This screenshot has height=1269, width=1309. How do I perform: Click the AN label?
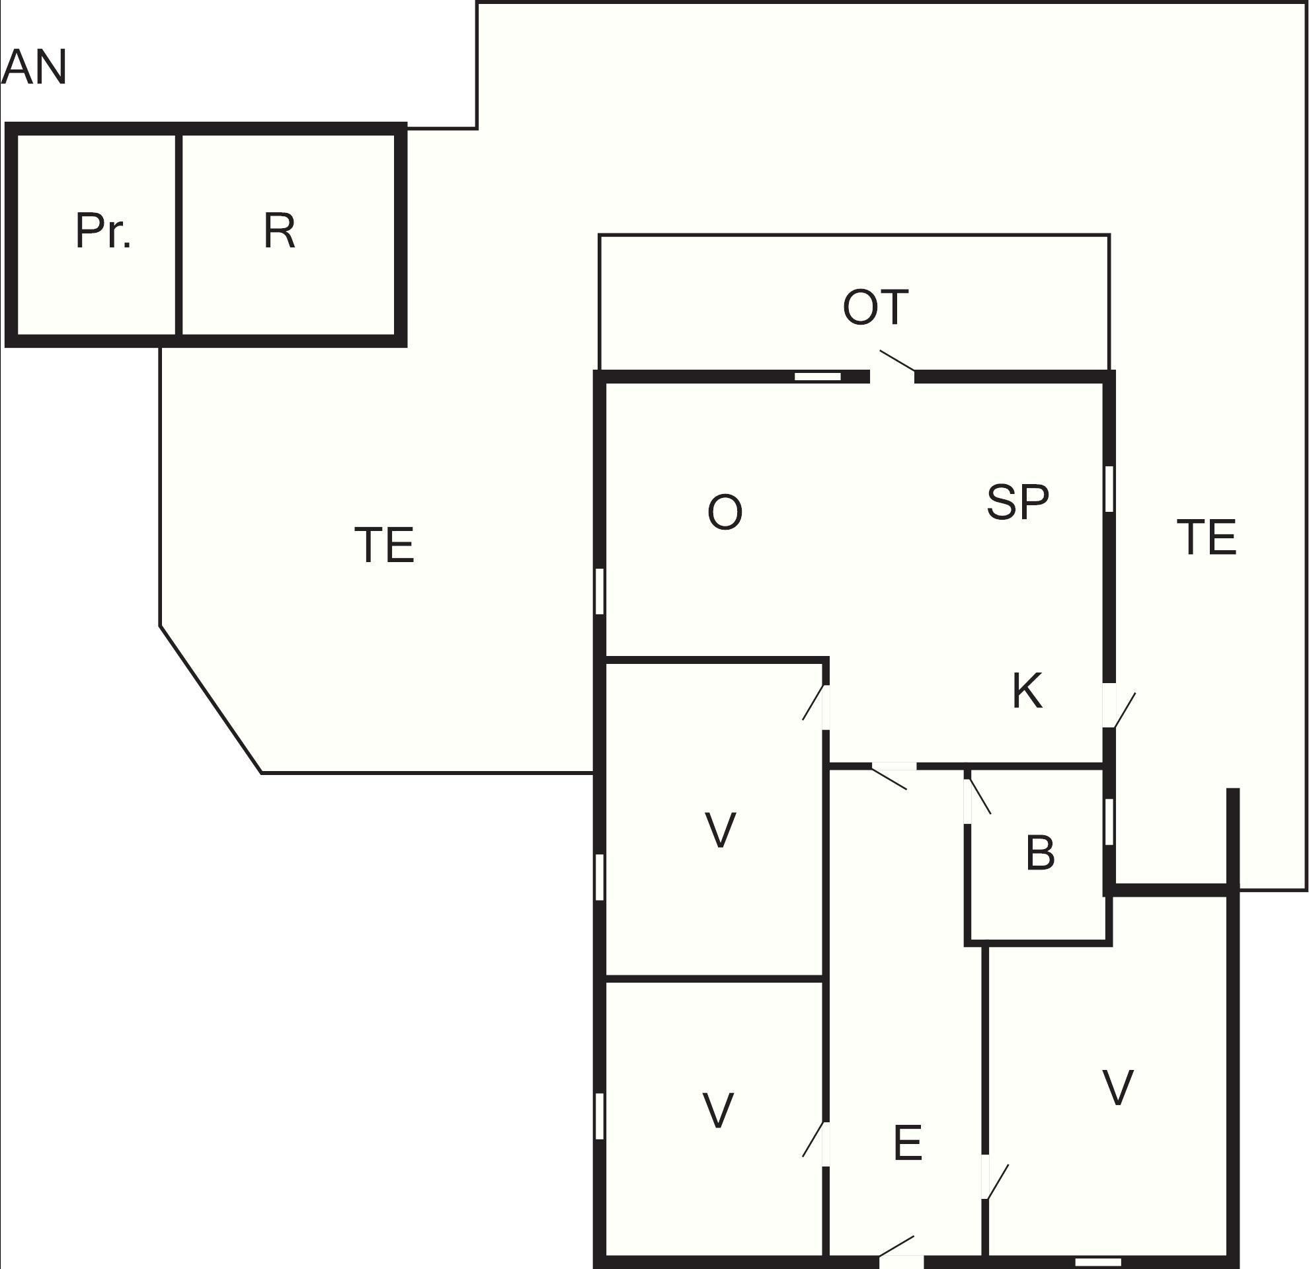(34, 67)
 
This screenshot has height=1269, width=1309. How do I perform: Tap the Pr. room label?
(103, 231)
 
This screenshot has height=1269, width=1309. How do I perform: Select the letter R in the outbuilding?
(279, 231)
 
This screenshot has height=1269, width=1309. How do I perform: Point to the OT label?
(875, 307)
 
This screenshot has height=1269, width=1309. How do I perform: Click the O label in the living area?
(725, 512)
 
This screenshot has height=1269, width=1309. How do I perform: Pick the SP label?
(1018, 503)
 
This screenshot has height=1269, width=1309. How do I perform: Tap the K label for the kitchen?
(1027, 691)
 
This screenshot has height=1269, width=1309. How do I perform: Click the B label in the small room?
(1040, 853)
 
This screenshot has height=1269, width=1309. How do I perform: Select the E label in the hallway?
(908, 1143)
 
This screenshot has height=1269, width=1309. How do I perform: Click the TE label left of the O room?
(384, 545)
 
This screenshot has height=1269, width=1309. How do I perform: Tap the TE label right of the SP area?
(1206, 537)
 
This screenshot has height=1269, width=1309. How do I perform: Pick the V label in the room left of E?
(718, 1111)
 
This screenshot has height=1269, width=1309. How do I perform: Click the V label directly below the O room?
(720, 830)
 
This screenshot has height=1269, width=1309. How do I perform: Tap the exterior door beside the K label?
(1117, 707)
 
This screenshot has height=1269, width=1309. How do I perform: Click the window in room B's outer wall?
(1109, 822)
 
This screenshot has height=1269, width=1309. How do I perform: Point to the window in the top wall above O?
(817, 377)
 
